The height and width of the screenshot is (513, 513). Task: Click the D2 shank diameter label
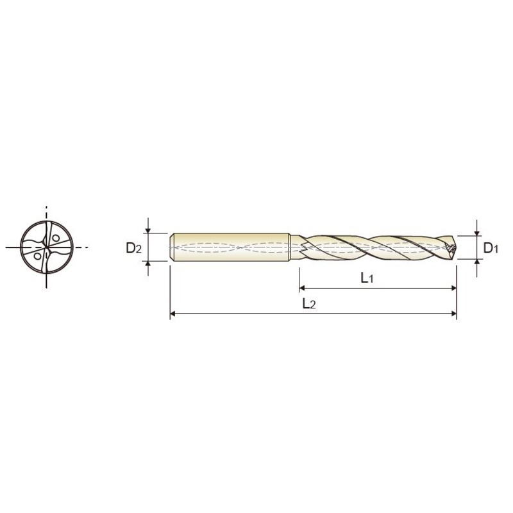(x=133, y=248)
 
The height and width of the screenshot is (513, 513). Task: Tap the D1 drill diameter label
(x=491, y=248)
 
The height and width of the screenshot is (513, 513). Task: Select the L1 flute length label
(x=367, y=278)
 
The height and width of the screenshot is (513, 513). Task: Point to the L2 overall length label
(x=309, y=304)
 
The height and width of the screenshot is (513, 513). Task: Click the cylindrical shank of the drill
(x=231, y=247)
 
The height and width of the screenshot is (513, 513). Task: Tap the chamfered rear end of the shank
(x=172, y=247)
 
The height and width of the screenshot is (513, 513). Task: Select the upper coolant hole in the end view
(x=56, y=238)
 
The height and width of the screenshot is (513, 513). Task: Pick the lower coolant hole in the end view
(x=38, y=256)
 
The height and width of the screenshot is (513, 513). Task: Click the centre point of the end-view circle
(x=47, y=247)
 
